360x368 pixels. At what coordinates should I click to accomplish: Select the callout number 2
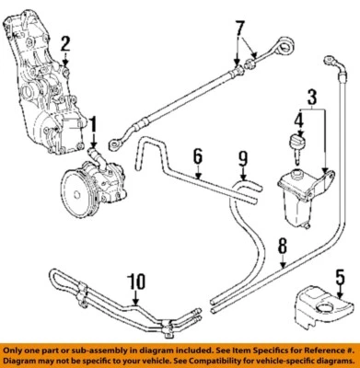coord(64,41)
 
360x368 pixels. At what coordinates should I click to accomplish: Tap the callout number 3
coord(313,96)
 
